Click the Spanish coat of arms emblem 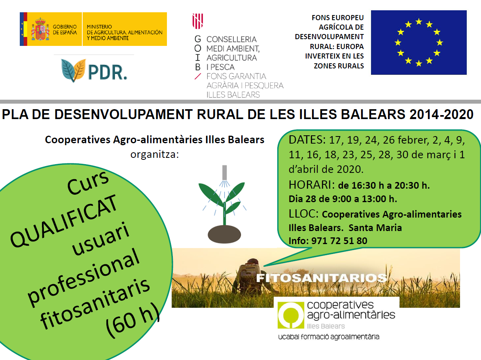(40, 29)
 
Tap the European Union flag (419, 42)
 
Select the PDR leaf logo (73, 70)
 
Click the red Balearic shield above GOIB (198, 21)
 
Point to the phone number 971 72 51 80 (339, 241)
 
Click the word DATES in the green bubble (307, 140)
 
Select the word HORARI (311, 185)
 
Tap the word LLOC (303, 214)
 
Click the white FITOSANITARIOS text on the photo (322, 278)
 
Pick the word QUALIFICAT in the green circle (64, 221)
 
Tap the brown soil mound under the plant (224, 234)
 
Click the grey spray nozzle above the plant (224, 172)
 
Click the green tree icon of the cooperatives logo (291, 315)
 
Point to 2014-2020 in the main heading (441, 114)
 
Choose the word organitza (155, 154)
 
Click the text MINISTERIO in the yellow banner (99, 27)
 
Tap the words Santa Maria (375, 227)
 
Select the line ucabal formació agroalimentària (329, 337)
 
